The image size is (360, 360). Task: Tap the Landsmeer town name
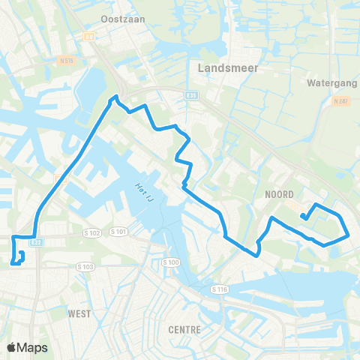point(227,67)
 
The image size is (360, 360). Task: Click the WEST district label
point(79,313)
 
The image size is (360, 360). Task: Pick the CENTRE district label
point(184,329)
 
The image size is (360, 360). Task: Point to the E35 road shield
point(191,95)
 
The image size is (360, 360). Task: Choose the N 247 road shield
point(343,100)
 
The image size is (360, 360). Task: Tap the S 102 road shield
point(92,233)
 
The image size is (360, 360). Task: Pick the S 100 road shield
point(172,262)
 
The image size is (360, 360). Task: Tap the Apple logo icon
point(12,347)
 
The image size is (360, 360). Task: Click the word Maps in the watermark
point(34,347)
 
